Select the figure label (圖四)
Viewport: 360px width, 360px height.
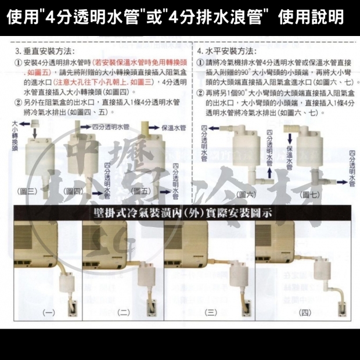(75, 191)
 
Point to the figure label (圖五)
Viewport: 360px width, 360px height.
(142, 191)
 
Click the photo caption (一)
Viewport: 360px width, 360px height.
(49, 312)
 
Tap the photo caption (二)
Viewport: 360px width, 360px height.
(123, 312)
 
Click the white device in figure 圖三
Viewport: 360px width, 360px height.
(34, 160)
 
